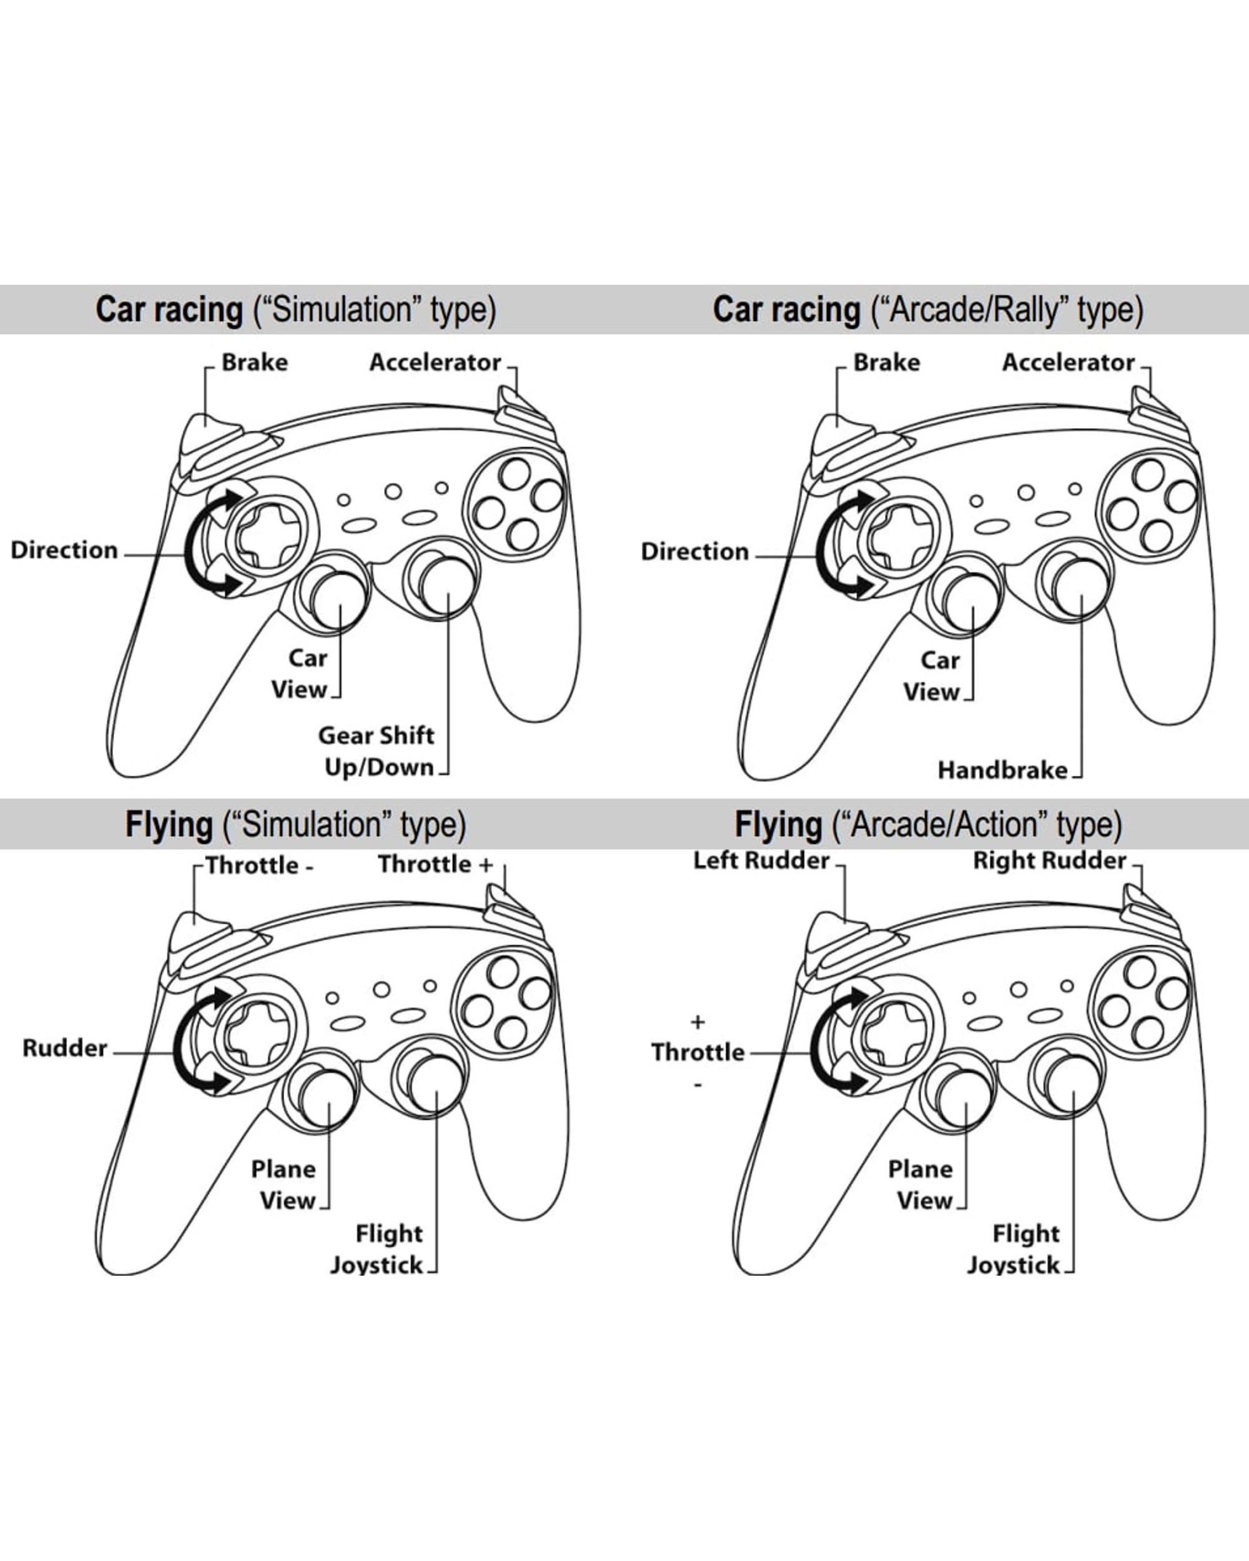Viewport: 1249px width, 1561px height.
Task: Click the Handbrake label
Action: [x=1002, y=770]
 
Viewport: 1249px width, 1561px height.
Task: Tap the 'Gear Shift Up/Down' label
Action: [x=377, y=752]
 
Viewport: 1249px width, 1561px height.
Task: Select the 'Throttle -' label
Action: [x=259, y=865]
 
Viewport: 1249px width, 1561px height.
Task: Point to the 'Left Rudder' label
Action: [x=761, y=860]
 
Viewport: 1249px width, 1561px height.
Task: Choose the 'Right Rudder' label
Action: [x=1049, y=860]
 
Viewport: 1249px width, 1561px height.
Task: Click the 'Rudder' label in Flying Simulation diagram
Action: [x=64, y=1048]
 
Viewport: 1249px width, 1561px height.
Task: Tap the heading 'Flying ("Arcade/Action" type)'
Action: [x=927, y=825]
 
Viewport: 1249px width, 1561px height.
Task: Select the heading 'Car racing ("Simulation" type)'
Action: [x=295, y=310]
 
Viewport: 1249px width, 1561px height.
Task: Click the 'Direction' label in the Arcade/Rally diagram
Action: [x=694, y=552]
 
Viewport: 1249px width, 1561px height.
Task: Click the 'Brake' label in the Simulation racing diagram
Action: [x=254, y=362]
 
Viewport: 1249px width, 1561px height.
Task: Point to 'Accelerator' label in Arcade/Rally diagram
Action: [x=1068, y=362]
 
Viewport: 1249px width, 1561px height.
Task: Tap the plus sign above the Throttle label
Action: [x=698, y=1022]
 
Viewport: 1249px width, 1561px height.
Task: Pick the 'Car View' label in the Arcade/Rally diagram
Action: [x=932, y=676]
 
